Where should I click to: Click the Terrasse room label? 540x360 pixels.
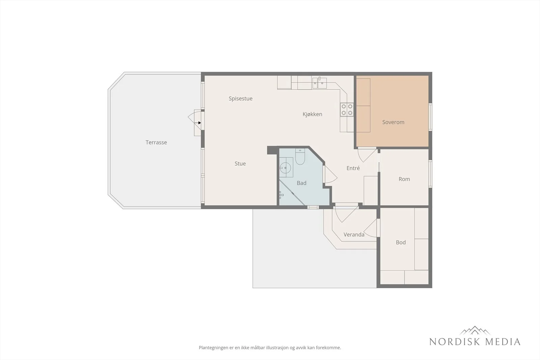[156, 142]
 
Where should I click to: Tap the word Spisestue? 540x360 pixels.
[241, 99]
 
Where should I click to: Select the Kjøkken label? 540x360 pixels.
[313, 114]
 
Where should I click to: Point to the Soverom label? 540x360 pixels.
[393, 122]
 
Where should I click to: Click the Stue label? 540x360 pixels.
[240, 164]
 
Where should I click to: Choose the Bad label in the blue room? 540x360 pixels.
[302, 183]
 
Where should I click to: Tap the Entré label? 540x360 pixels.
[353, 168]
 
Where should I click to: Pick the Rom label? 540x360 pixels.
[404, 179]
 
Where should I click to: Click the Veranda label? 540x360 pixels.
[354, 234]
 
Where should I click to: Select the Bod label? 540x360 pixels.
[401, 242]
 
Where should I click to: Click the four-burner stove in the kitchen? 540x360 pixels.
[347, 110]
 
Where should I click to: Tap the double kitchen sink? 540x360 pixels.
[319, 83]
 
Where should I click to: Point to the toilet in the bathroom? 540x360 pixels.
[300, 157]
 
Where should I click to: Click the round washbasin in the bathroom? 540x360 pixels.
[285, 167]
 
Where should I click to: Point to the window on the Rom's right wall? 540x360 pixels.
[430, 173]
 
